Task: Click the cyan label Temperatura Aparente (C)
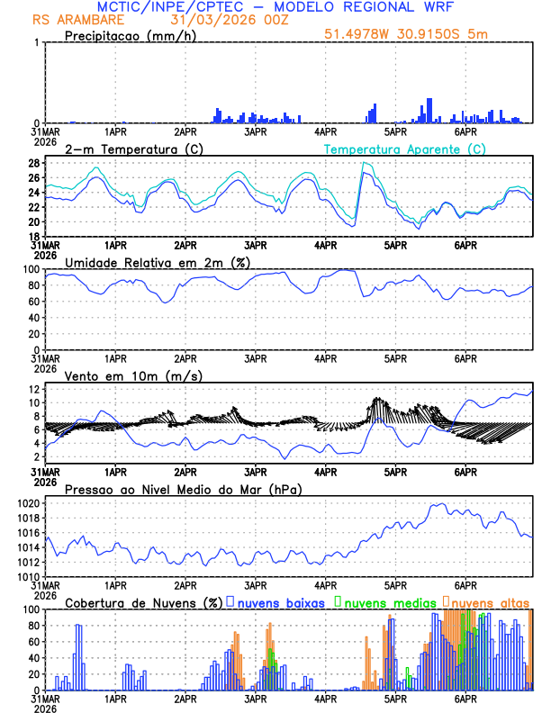click(x=405, y=149)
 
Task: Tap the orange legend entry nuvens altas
click(x=490, y=601)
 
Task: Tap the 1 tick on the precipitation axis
click(x=37, y=42)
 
